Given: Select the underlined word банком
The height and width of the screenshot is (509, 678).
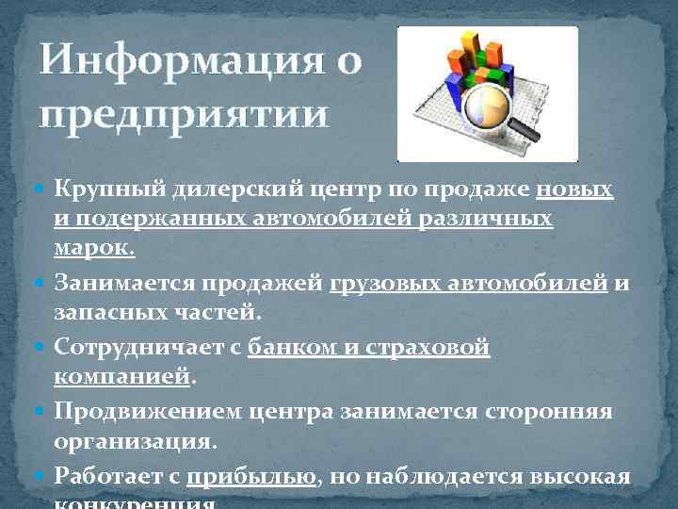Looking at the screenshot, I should click(292, 348).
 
